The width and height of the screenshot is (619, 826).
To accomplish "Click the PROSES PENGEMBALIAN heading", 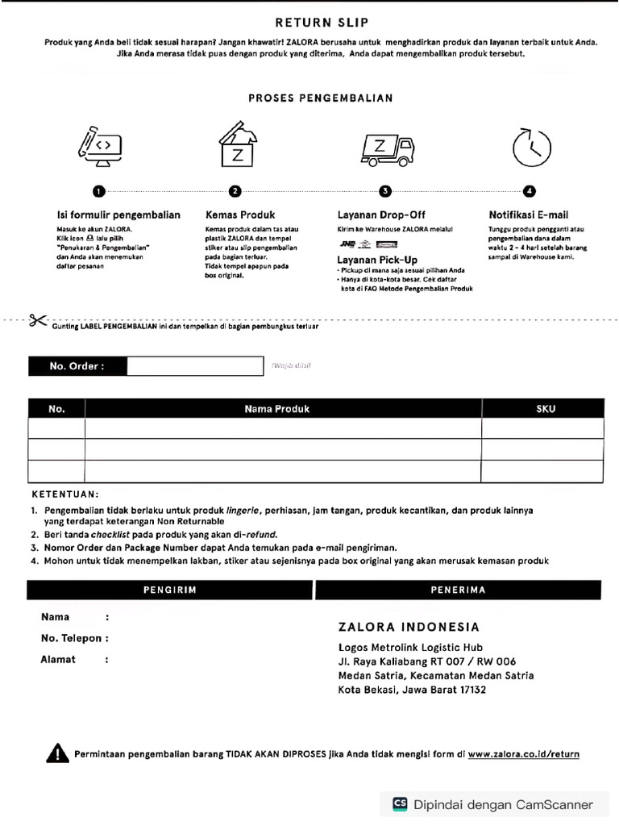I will coord(320,98).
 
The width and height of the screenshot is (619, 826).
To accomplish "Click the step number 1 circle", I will coord(98,191).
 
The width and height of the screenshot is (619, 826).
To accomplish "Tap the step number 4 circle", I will coord(529,191).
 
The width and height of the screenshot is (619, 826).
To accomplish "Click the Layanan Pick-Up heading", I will coord(377,260).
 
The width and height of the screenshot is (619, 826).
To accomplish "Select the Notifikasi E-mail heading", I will coord(528,215).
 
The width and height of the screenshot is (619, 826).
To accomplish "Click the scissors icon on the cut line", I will coord(37,320).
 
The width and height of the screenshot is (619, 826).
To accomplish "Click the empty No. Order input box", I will coord(194,366).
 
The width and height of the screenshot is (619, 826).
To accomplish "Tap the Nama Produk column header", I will coord(277,409).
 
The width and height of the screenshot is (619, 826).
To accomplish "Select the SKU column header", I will coord(546,409).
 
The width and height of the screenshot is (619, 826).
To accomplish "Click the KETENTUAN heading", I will coord(65,494).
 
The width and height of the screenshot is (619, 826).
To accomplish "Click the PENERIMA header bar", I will coord(459,590).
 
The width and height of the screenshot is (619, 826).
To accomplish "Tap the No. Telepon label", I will coord(71,638).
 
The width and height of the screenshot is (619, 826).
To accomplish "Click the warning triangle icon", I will coord(57,754).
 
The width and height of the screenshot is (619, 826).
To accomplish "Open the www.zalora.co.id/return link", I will coord(523,754).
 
